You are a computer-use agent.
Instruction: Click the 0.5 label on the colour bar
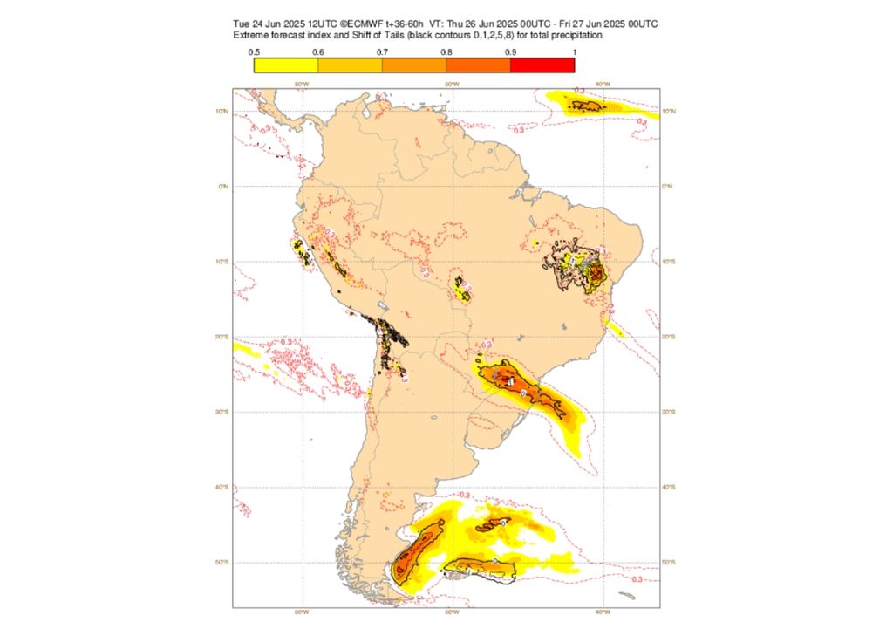(253, 52)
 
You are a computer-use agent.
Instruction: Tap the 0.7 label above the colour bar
(382, 52)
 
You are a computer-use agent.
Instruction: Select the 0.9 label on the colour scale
(510, 52)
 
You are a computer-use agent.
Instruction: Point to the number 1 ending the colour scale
(573, 52)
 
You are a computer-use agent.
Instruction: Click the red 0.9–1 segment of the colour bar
(542, 65)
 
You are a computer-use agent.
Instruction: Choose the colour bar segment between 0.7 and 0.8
(414, 65)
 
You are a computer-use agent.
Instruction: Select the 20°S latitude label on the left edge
(223, 337)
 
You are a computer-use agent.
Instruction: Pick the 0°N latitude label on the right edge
(669, 186)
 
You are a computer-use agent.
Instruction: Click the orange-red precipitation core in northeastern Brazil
(596, 277)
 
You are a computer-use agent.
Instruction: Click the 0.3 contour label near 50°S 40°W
(637, 579)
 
